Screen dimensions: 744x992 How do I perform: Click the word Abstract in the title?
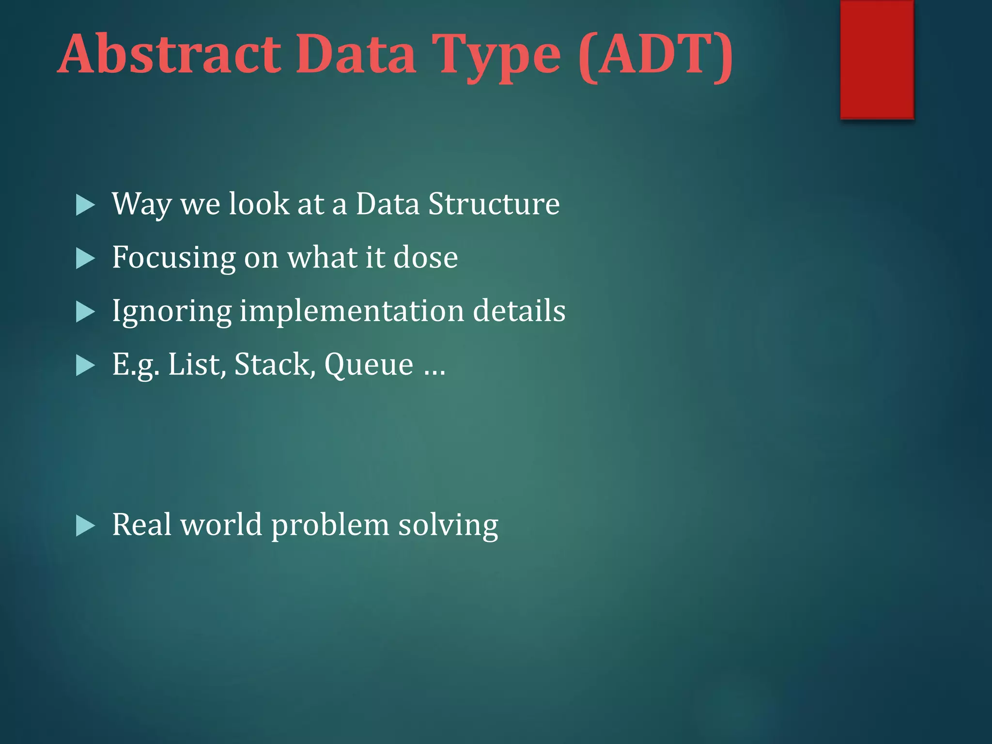(170, 54)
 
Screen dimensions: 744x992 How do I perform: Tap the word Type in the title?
(496, 56)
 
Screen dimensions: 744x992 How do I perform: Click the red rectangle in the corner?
(877, 59)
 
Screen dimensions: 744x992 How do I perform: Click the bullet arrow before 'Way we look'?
(85, 205)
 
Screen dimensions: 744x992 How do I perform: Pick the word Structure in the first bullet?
(494, 204)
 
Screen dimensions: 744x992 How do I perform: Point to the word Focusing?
(173, 258)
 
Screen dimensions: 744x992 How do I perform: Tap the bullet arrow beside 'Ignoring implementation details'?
(85, 312)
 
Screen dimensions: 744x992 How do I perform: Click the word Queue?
(369, 365)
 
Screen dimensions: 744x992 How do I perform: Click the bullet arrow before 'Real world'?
(85, 526)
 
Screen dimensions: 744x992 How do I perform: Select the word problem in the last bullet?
(330, 526)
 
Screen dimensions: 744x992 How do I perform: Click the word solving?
(448, 526)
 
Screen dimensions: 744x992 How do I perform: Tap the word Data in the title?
(356, 54)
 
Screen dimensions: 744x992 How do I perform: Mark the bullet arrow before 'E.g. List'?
(85, 366)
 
